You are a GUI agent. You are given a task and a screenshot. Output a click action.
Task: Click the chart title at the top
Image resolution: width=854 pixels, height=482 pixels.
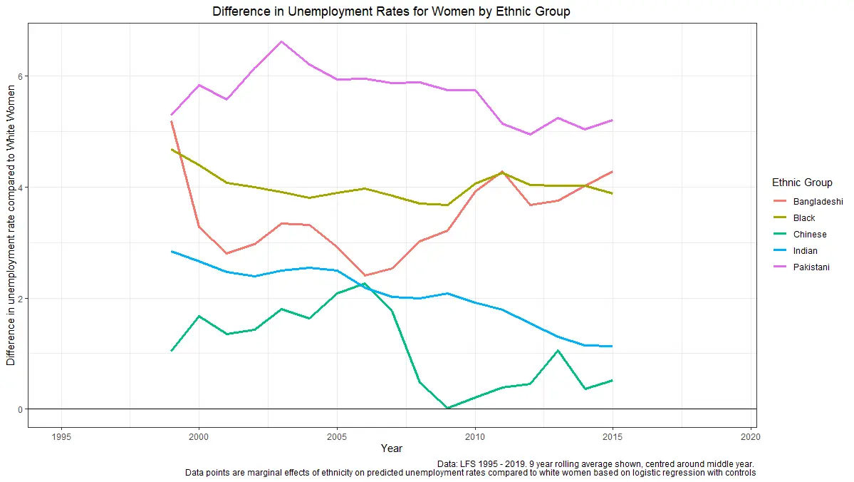click(391, 11)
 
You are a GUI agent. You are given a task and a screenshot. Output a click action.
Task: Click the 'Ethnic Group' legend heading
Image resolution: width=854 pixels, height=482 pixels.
click(802, 183)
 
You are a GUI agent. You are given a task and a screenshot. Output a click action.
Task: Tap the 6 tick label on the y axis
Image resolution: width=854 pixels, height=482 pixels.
click(21, 76)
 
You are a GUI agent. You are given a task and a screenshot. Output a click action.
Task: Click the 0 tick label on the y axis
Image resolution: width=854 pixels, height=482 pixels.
click(21, 409)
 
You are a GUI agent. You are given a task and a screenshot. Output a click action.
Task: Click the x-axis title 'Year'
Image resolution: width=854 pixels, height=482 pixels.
click(391, 448)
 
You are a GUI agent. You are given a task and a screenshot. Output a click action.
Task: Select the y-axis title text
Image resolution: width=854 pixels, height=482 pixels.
click(11, 224)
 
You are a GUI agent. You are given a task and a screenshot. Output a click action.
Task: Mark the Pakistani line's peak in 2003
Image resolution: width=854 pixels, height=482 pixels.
click(281, 41)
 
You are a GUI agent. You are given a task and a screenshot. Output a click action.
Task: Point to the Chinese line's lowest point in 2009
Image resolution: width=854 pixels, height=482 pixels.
click(447, 408)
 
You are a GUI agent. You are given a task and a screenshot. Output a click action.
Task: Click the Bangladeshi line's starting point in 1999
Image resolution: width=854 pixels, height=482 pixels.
click(172, 122)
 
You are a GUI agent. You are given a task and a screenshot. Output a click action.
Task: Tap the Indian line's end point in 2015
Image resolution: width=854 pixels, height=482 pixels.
click(612, 346)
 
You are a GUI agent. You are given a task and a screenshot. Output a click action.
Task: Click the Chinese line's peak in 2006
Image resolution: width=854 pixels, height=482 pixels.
click(364, 284)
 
